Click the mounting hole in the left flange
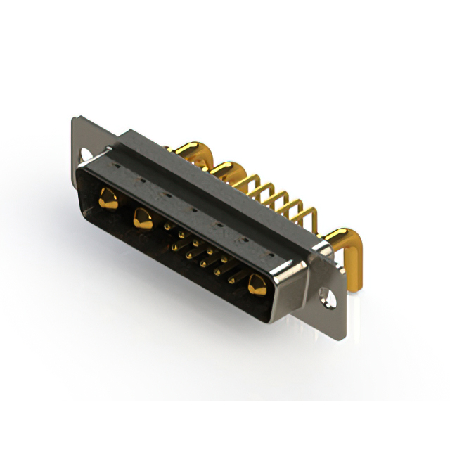tap(86, 153)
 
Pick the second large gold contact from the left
tap(143, 219)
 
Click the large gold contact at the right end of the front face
tap(257, 285)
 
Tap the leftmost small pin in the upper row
tap(167, 226)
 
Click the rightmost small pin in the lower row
tap(231, 280)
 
